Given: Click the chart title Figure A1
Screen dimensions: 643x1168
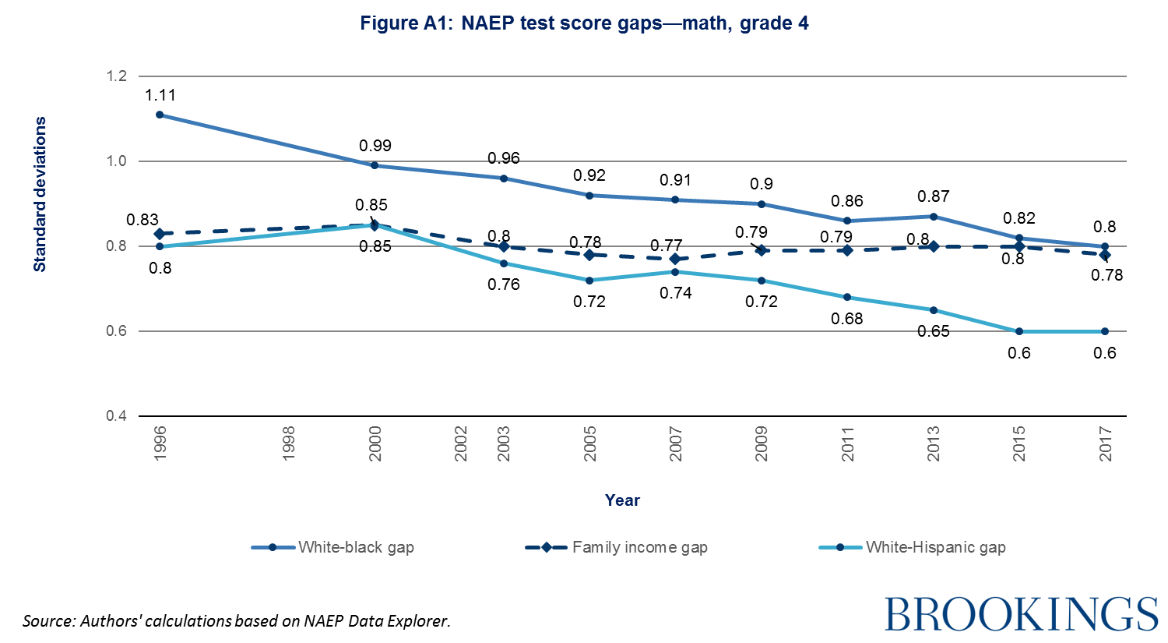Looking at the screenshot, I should (x=584, y=23).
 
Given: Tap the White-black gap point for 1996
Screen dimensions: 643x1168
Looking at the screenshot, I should (x=160, y=115).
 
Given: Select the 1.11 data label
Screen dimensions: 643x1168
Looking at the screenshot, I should (x=160, y=95).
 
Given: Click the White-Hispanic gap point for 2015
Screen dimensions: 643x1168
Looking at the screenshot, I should (x=1018, y=331).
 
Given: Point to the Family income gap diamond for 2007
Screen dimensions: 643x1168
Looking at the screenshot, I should (x=675, y=259).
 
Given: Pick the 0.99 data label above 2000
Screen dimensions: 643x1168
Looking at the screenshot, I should (x=375, y=146).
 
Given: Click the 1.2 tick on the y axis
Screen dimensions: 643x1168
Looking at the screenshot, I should (x=117, y=76).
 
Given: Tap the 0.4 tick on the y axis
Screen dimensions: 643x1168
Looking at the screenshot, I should (x=117, y=416).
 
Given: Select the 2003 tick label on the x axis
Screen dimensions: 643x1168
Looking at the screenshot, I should (x=504, y=443).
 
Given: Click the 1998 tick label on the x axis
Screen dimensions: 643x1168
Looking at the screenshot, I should (x=289, y=443).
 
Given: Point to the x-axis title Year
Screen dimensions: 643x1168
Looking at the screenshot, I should (x=622, y=500).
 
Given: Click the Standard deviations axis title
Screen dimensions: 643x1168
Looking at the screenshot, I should (x=40, y=194).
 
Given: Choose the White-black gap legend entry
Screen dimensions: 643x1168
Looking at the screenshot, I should (x=333, y=547).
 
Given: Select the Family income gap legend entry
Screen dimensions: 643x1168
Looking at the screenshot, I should (x=617, y=547).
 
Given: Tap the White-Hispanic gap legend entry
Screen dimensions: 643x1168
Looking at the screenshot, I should (x=913, y=547).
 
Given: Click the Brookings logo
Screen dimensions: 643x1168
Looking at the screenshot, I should (x=1021, y=614).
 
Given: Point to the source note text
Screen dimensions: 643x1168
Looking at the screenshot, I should (x=237, y=621).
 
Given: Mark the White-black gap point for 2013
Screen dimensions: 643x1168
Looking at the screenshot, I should (x=933, y=216).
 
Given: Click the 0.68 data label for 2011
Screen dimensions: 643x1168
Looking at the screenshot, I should (x=847, y=318).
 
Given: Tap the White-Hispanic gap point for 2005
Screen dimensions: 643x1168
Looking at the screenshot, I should (x=589, y=281).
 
